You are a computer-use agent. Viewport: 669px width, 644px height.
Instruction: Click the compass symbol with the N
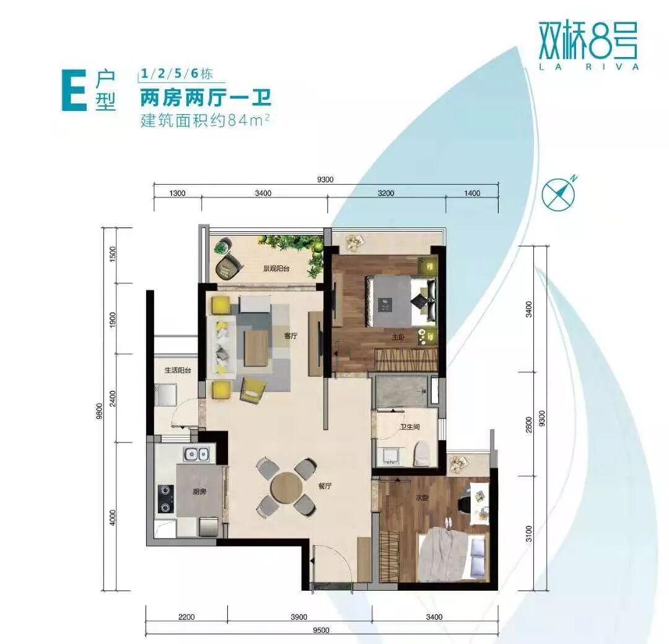[559, 193]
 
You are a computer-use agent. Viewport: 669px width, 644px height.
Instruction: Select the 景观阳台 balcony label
[276, 269]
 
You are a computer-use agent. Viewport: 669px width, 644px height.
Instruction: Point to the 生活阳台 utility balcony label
[177, 370]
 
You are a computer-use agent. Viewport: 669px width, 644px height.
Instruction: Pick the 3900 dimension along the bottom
[299, 617]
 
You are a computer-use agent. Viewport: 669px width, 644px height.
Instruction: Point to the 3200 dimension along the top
[385, 193]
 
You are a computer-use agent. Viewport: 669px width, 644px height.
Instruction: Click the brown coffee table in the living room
[256, 346]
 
